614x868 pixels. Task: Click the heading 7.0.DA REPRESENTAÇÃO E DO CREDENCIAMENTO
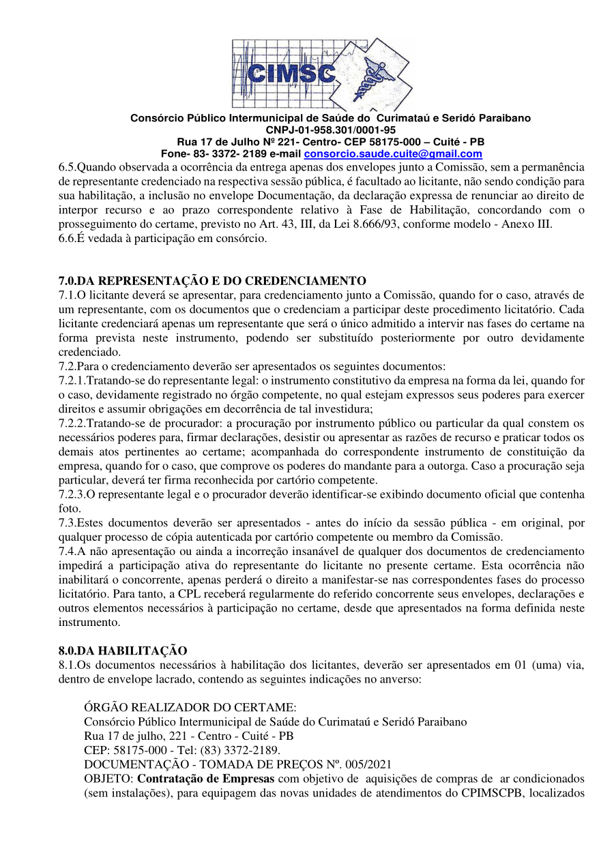212,281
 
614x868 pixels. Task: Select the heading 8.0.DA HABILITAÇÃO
123,650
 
